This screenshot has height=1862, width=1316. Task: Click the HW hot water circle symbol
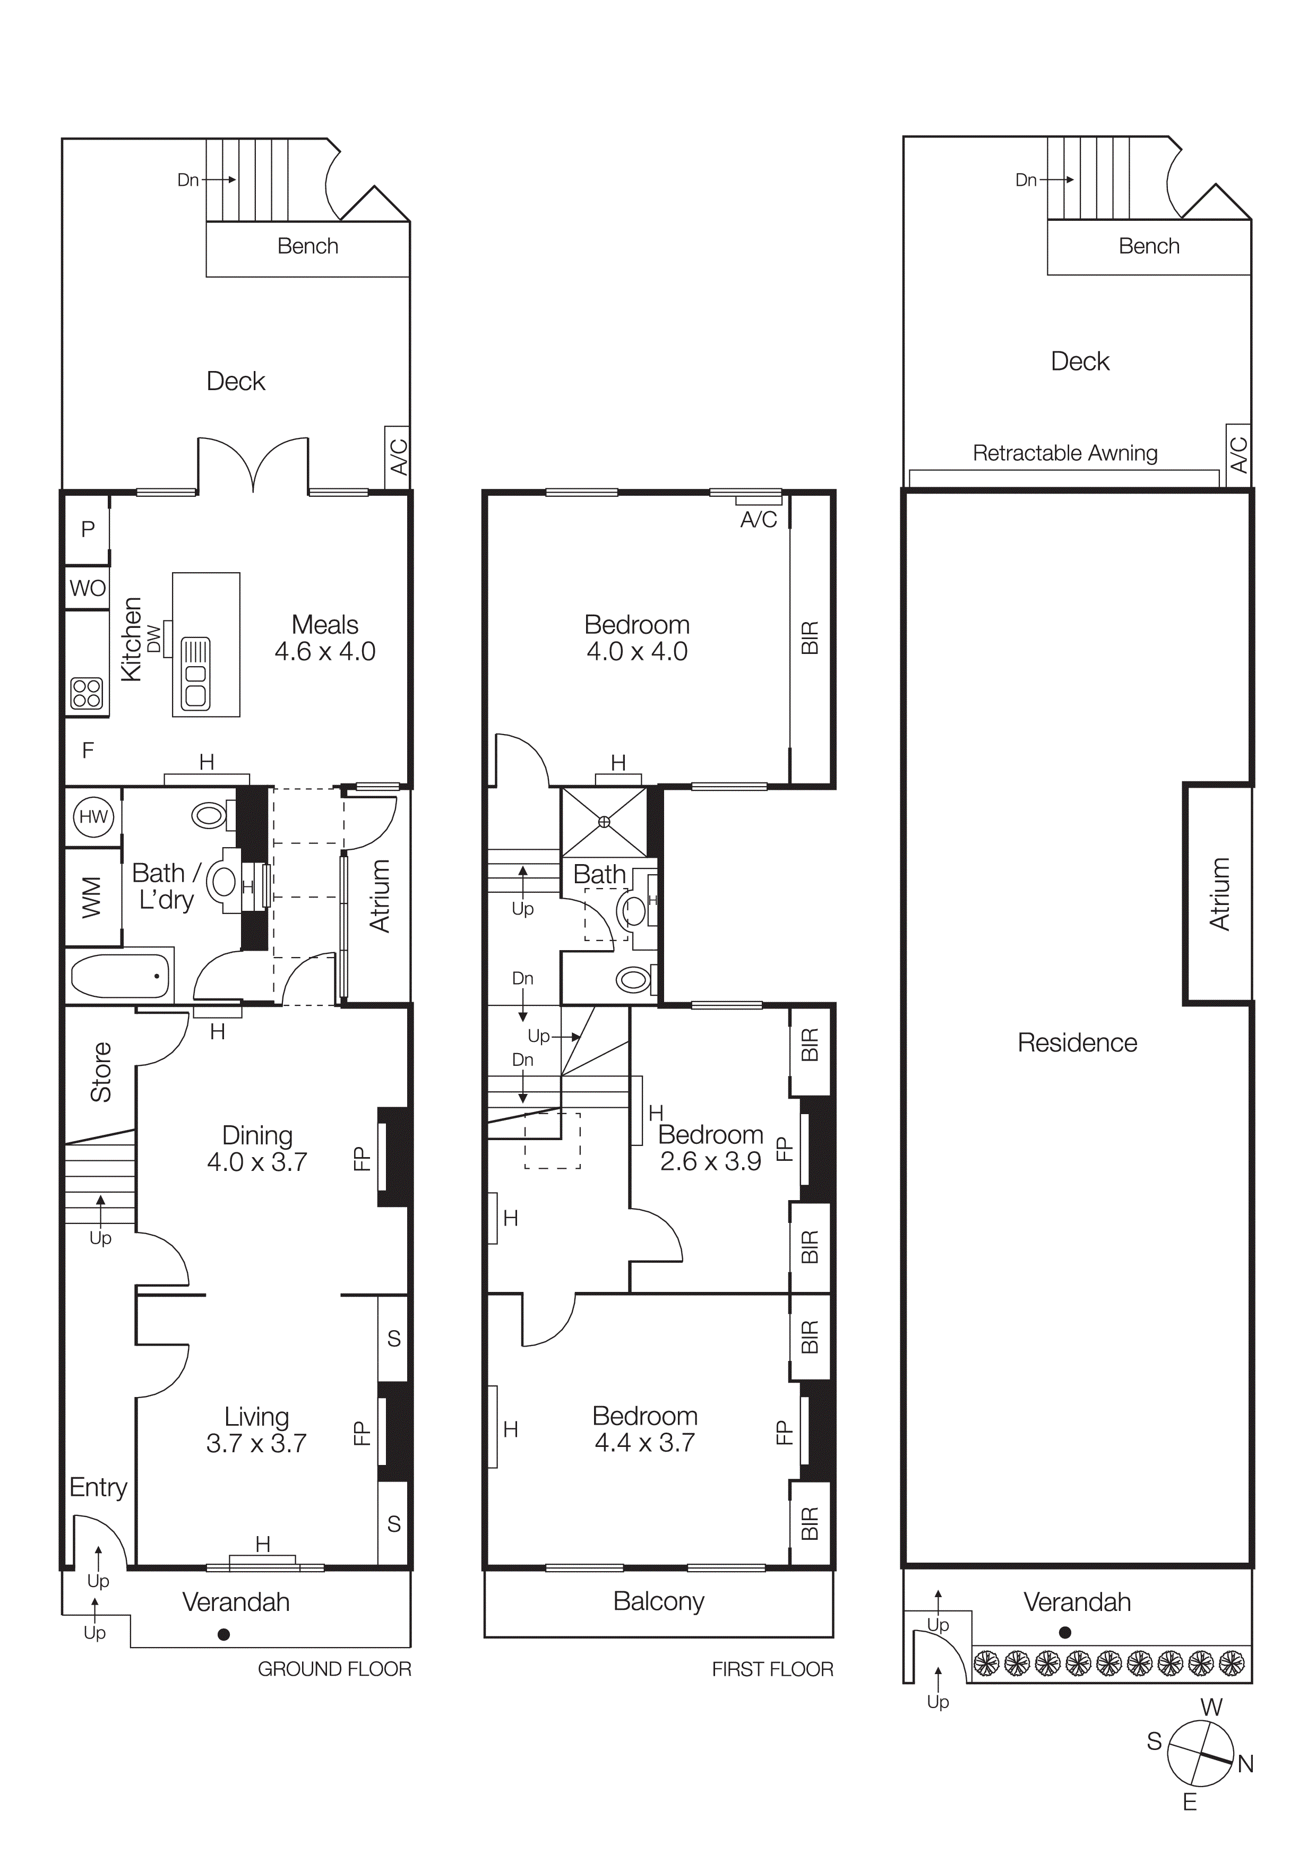tap(93, 817)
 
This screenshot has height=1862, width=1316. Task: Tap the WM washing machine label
tap(92, 897)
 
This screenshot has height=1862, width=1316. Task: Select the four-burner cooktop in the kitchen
tap(87, 693)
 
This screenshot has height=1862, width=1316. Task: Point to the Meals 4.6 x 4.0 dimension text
tap(324, 651)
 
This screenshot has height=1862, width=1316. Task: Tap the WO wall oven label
tap(88, 588)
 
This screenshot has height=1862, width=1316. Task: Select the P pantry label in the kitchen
tap(88, 530)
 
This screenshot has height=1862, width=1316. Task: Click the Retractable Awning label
tap(1065, 453)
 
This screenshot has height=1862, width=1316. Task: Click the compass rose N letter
tap(1245, 1764)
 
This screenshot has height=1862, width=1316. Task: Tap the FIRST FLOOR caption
tap(772, 1669)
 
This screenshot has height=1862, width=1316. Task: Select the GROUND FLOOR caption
tap(334, 1669)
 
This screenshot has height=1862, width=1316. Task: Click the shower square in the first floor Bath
tap(604, 822)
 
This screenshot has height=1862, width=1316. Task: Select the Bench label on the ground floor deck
tap(307, 246)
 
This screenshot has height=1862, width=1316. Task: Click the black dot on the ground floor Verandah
tap(224, 1634)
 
